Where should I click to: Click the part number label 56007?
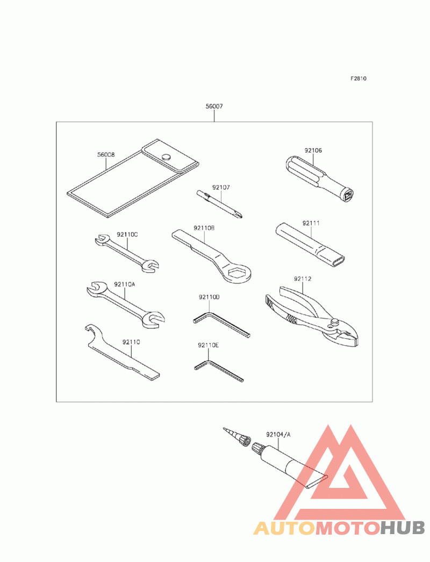pyautogui.click(x=214, y=106)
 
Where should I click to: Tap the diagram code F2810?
pyautogui.click(x=358, y=78)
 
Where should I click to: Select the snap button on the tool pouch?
pyautogui.click(x=166, y=156)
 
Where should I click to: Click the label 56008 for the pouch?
pyautogui.click(x=106, y=155)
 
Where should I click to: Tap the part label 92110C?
pyautogui.click(x=127, y=235)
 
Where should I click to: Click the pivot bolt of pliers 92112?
pyautogui.click(x=335, y=322)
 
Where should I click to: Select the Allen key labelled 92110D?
pyautogui.click(x=221, y=324)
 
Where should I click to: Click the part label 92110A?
pyautogui.click(x=125, y=284)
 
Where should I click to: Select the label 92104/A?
pyautogui.click(x=278, y=434)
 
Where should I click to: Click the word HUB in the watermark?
pyautogui.click(x=403, y=528)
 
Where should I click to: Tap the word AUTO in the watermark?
pyautogui.click(x=284, y=528)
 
